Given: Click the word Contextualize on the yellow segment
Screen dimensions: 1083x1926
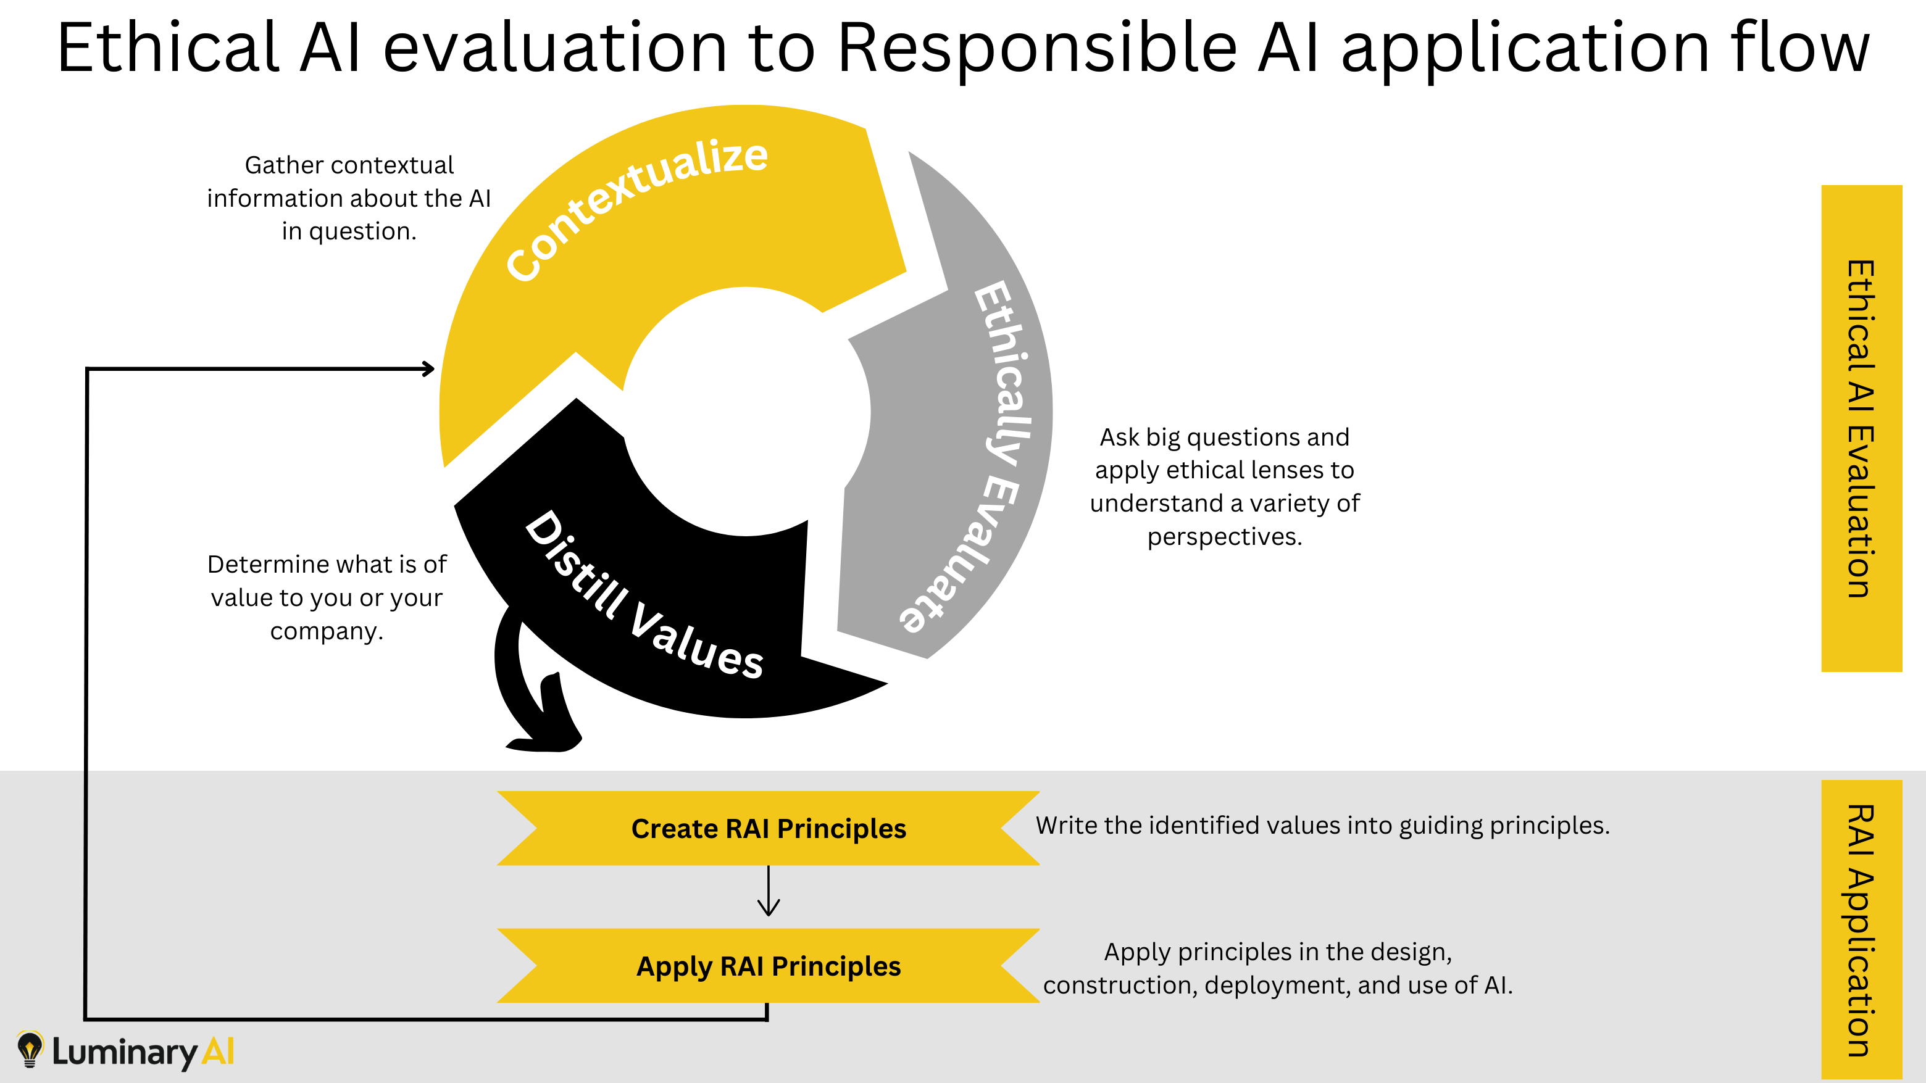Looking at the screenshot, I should click(x=636, y=209).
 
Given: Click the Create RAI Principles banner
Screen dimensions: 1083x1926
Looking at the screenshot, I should click(x=768, y=828).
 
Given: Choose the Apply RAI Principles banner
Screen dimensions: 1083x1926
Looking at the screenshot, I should click(x=768, y=966).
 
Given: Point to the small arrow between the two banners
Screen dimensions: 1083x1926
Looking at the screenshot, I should click(x=768, y=892).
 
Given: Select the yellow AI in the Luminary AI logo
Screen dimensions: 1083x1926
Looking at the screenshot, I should click(x=219, y=1052).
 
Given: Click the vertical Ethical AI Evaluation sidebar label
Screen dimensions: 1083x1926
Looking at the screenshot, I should click(x=1861, y=428).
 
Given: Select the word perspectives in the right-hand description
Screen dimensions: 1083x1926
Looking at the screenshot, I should click(x=1224, y=537).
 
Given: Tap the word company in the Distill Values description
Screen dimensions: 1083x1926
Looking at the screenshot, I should click(x=325, y=631).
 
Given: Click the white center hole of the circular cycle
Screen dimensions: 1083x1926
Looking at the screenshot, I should click(x=746, y=411).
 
